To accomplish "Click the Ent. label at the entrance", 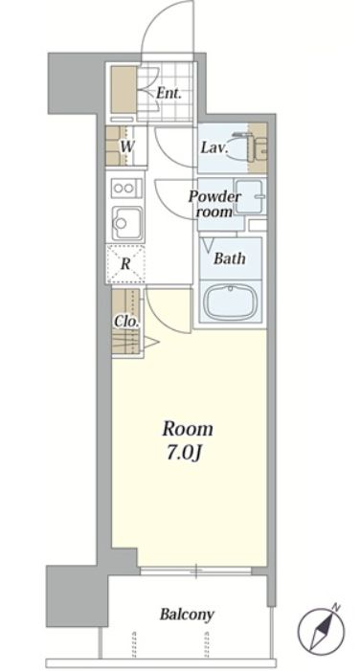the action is pos(169,93).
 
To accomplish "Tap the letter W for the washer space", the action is pos(125,146).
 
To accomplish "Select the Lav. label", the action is pos(214,148).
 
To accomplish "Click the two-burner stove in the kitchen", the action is pos(126,189).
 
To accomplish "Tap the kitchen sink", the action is pos(127,222).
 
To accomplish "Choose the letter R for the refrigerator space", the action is pos(125,263).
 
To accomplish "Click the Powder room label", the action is pos(214,204).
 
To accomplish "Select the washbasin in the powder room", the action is pos(250,196).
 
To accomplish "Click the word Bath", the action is pos(230,258).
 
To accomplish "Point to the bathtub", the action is pos(232,303).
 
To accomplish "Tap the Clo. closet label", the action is pos(126,322).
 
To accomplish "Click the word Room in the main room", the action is pos(188,429).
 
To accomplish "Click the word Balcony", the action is pos(187,615).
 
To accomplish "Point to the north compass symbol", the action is pos(321,625).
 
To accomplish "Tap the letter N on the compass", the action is pos(336,607).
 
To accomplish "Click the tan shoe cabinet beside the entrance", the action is pos(124,89).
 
